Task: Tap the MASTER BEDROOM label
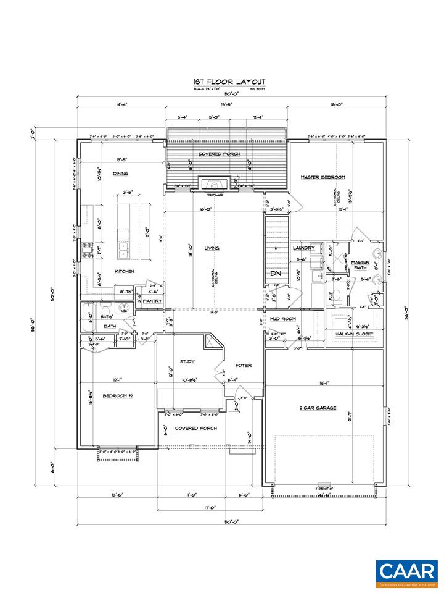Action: (323, 177)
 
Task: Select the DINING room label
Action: (120, 174)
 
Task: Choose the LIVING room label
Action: (212, 248)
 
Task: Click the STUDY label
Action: (187, 361)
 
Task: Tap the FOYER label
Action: (243, 365)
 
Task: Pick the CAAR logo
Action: (408, 573)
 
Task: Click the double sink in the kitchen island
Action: (124, 250)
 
